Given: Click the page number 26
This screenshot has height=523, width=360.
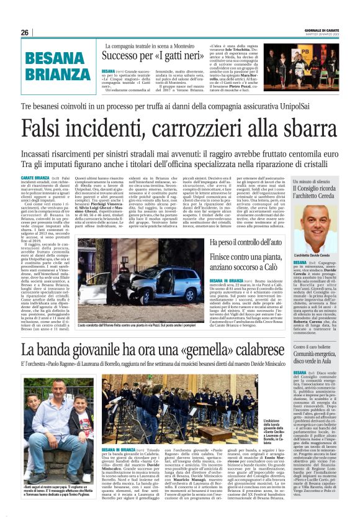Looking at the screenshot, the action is [x=24, y=32].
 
